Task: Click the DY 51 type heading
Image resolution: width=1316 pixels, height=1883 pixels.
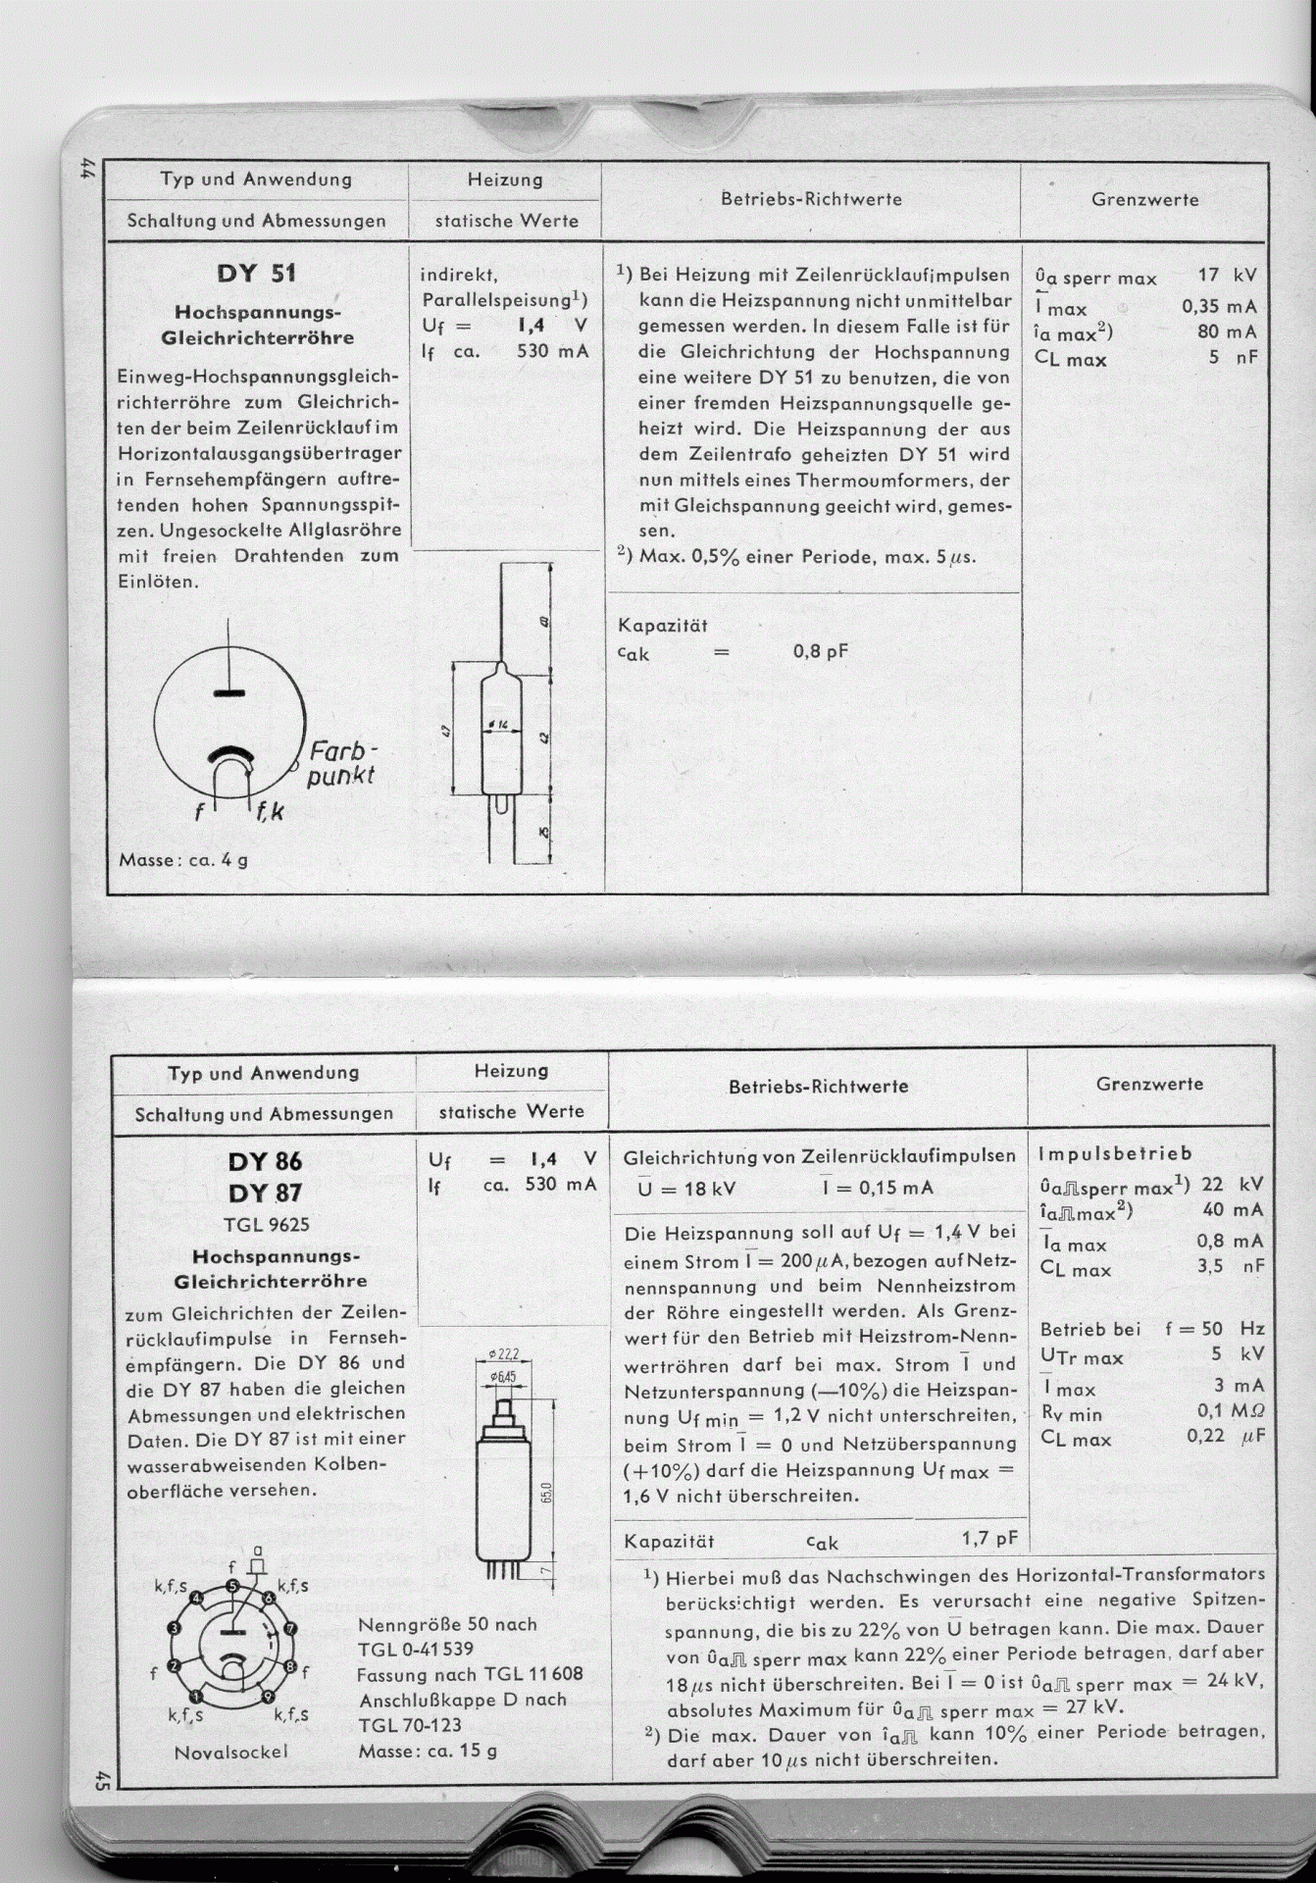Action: click(256, 273)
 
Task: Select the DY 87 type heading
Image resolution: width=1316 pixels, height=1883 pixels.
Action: click(265, 1194)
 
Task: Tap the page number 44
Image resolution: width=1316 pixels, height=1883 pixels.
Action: click(86, 169)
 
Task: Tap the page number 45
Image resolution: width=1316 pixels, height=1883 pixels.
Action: click(100, 1778)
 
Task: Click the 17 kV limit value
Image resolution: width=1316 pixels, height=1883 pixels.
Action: click(1226, 276)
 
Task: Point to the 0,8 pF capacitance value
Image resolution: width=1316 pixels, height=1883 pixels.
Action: click(821, 651)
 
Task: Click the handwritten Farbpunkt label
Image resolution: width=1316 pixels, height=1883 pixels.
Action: click(341, 765)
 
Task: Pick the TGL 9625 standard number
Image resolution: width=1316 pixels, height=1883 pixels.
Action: click(266, 1224)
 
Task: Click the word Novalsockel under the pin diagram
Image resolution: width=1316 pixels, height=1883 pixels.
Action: click(231, 1752)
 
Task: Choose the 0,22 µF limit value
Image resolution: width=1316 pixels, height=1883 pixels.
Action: click(1226, 1436)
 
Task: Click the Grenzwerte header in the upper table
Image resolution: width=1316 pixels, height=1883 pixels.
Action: click(1144, 199)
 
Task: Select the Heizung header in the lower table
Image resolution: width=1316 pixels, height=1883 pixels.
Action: click(511, 1071)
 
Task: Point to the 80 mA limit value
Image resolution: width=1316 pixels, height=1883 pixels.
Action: click(1227, 331)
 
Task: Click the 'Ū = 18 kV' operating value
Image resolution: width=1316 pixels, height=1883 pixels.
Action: click(685, 1189)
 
